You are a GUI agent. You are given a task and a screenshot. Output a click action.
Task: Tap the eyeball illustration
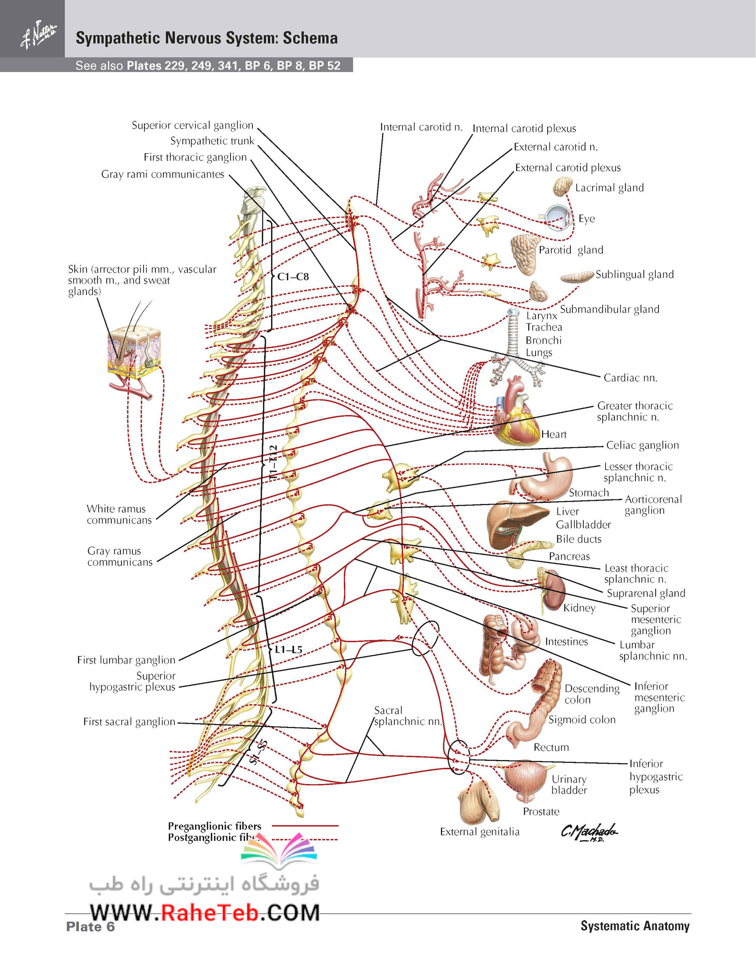pos(559,217)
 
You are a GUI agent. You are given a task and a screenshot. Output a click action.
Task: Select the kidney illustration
pos(554,590)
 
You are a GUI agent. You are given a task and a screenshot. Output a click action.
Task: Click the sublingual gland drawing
pos(577,277)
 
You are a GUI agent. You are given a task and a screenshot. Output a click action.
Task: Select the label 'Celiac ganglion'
pos(643,445)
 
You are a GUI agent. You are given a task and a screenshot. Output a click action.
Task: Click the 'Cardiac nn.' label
pos(630,378)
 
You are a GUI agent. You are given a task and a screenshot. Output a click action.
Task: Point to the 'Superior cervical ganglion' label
pos(192,126)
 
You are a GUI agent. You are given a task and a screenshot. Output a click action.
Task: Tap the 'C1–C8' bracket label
pos(293,277)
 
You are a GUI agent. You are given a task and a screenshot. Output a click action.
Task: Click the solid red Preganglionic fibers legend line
pos(305,825)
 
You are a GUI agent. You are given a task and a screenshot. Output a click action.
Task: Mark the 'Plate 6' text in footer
pos(90,927)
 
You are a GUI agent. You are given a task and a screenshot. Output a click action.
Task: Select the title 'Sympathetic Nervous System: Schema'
pos(207,38)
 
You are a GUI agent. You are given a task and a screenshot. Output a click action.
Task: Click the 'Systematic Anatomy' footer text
pos(635,926)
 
